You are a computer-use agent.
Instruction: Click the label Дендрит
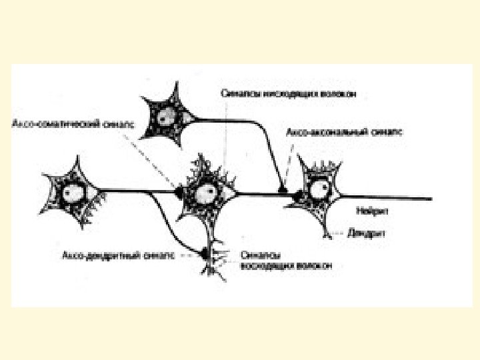click(365, 233)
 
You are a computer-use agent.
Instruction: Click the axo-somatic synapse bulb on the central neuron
click(179, 192)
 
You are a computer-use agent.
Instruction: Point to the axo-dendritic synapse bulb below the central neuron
click(203, 253)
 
